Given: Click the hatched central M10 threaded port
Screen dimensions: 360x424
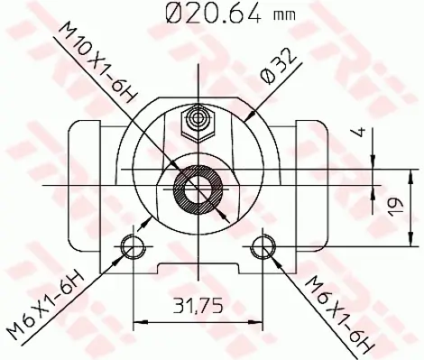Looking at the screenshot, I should (198, 189).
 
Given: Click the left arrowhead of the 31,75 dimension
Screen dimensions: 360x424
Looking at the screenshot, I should (137, 319).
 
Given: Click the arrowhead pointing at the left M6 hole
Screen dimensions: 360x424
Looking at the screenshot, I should (123, 254).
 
